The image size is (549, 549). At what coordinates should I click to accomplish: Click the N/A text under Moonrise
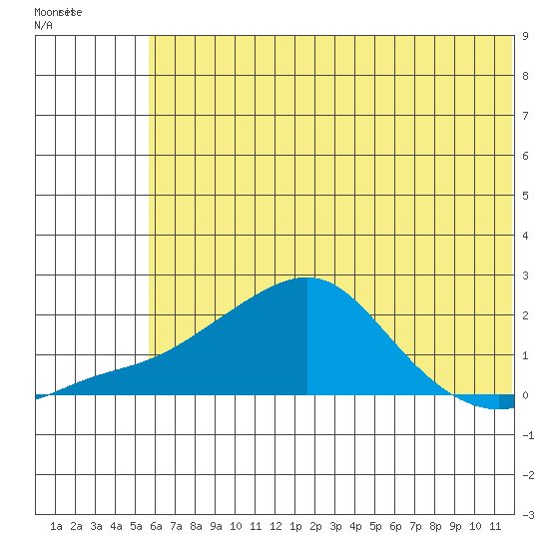coord(43,25)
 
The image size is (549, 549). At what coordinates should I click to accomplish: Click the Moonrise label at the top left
coord(58,12)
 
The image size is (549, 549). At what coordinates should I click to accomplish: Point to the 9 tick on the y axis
coord(525,36)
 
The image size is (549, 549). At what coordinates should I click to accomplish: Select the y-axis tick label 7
coord(525,116)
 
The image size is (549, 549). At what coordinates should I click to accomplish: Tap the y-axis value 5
coord(525,196)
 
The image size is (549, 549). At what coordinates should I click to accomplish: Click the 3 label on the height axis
coord(525,275)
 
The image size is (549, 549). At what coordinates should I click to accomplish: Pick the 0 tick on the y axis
coord(525,395)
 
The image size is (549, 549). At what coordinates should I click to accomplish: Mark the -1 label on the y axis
coord(528,435)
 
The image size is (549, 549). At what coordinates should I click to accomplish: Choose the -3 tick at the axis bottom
coord(528,515)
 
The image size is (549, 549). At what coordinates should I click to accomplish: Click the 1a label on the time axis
coord(56,526)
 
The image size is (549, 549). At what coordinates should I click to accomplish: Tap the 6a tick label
coord(156,526)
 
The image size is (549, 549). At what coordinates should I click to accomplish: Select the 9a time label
coord(216,526)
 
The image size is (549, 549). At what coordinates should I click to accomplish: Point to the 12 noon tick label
coord(275,526)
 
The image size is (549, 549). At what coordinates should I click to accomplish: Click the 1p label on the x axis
coord(295,526)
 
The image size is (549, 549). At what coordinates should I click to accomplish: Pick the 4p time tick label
coord(355,526)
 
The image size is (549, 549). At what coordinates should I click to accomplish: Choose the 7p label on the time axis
coord(415,526)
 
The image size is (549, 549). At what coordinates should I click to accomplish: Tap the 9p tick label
coord(455,526)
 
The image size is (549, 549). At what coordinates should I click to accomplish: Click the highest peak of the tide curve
coord(307,278)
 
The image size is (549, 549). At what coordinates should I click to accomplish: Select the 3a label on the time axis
coord(96,526)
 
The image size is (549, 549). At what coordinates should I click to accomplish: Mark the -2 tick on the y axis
coord(528,475)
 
